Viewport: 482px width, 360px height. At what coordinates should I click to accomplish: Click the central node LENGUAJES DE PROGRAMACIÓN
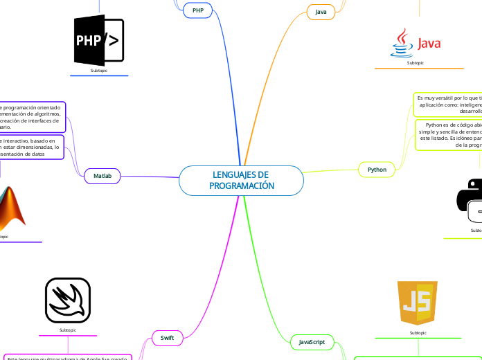pyautogui.click(x=241, y=181)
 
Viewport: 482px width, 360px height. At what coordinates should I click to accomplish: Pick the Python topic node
pyautogui.click(x=377, y=169)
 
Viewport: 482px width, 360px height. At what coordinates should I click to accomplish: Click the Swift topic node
pyautogui.click(x=167, y=337)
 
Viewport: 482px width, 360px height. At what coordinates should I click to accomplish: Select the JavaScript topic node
pyautogui.click(x=312, y=342)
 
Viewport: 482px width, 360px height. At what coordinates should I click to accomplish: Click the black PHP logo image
pyautogui.click(x=99, y=41)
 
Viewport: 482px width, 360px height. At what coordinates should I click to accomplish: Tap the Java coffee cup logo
pyautogui.click(x=401, y=43)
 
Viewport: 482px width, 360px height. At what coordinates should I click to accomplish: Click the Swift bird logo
pyautogui.click(x=68, y=300)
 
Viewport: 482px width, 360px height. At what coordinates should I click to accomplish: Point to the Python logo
pyautogui.click(x=471, y=200)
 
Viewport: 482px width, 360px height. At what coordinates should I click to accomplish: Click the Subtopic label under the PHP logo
pyautogui.click(x=99, y=71)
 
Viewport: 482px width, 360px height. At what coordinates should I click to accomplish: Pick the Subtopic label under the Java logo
pyautogui.click(x=416, y=63)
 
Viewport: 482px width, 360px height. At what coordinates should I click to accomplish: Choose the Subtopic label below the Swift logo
pyautogui.click(x=68, y=330)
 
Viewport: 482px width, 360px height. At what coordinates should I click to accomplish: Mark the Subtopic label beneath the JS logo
pyautogui.click(x=418, y=333)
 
